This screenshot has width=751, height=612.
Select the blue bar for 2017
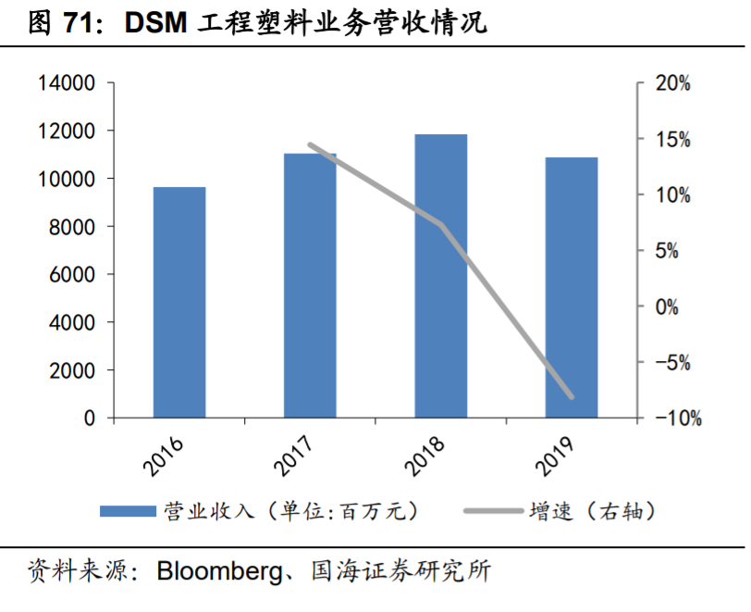pos(310,286)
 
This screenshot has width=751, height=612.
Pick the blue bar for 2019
pos(571,288)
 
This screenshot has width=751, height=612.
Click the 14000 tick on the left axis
pos(66,83)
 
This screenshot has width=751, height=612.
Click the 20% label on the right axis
pos(672,84)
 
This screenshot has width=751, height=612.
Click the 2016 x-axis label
pos(163,454)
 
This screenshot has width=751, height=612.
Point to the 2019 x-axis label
pos(555,454)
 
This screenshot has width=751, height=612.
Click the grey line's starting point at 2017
pos(310,144)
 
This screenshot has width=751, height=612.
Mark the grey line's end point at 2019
pos(571,396)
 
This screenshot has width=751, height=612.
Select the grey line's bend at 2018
pos(441,225)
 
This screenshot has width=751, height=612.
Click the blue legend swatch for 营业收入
pos(128,511)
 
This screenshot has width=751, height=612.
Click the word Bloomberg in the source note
pos(218,570)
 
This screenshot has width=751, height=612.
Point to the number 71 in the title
pos(76,25)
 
